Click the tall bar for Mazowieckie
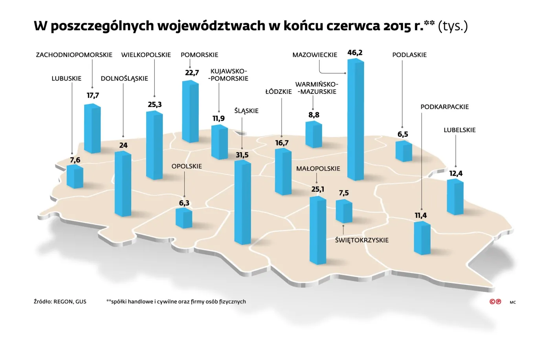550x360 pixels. pos(356,120)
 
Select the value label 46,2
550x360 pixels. pos(355,53)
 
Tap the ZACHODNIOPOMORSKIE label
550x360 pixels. pos(74,55)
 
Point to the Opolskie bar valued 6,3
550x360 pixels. pos(184,218)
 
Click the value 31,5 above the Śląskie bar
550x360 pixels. pos(242,155)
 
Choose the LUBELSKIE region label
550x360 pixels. pos(460,130)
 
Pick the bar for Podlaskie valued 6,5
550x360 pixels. pos(403,151)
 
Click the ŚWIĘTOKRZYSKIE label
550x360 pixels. pos(362,240)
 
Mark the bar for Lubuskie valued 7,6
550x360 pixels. pos(75,176)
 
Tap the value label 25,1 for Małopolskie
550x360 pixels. pos(318,189)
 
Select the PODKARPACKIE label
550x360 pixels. pos(445,107)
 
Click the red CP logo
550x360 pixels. pos(495,302)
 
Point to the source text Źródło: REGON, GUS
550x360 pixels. pos(60,302)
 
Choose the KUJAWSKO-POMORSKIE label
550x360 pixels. pos(229,75)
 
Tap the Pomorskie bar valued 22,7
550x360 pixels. pos(190,112)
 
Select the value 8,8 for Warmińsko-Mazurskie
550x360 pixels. pos(314,115)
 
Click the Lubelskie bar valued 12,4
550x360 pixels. pos(455,197)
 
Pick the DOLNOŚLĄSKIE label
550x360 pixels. pos(125,79)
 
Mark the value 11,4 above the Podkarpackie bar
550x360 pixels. pos(421,216)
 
